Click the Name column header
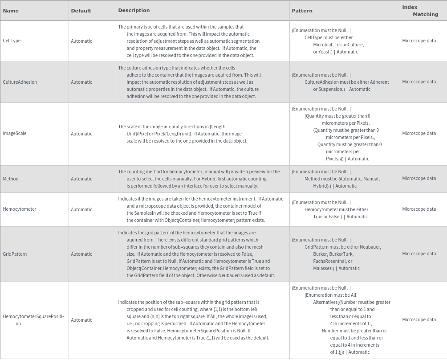(x=11, y=11)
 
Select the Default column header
(x=81, y=11)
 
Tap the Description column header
(x=134, y=10)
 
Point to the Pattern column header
(x=302, y=11)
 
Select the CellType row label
(x=12, y=41)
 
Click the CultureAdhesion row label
(x=20, y=82)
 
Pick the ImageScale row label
(x=15, y=133)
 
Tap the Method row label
(x=11, y=179)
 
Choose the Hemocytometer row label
(x=20, y=209)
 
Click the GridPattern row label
(x=15, y=254)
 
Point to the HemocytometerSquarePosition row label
(x=33, y=317)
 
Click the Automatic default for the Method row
(x=81, y=179)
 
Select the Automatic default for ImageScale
(x=81, y=134)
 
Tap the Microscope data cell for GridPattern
(x=419, y=254)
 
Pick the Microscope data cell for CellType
(x=419, y=41)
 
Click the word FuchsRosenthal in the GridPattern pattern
(x=331, y=261)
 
